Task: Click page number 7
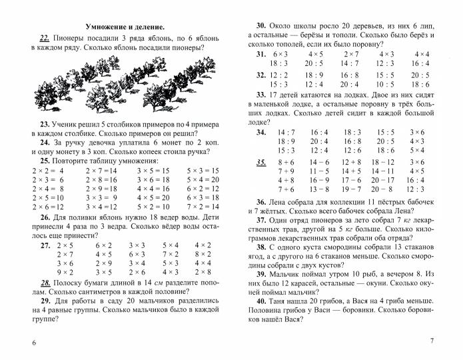tap(431, 341)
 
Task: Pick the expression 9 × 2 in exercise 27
tap(65, 272)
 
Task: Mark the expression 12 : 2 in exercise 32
tap(278, 75)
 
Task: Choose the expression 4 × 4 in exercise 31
tap(421, 53)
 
